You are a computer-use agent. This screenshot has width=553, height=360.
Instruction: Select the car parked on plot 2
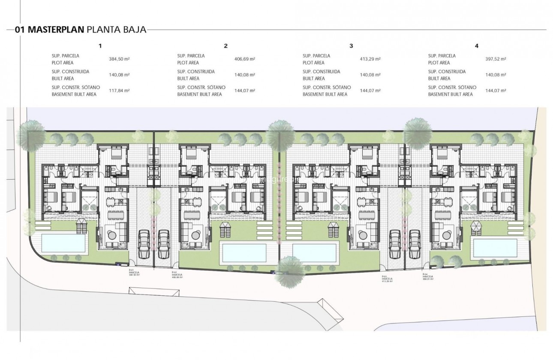163,243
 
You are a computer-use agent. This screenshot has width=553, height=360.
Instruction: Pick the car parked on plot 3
394,243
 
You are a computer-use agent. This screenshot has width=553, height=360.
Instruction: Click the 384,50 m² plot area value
119,59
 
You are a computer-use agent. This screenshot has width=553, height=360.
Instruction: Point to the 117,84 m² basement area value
119,91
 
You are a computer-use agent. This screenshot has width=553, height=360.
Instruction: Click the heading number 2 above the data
225,45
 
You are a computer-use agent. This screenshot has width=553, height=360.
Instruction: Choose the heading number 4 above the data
477,45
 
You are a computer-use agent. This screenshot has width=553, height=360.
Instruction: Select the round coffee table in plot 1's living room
112,235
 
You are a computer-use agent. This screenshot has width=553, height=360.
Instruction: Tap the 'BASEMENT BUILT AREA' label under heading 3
325,94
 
